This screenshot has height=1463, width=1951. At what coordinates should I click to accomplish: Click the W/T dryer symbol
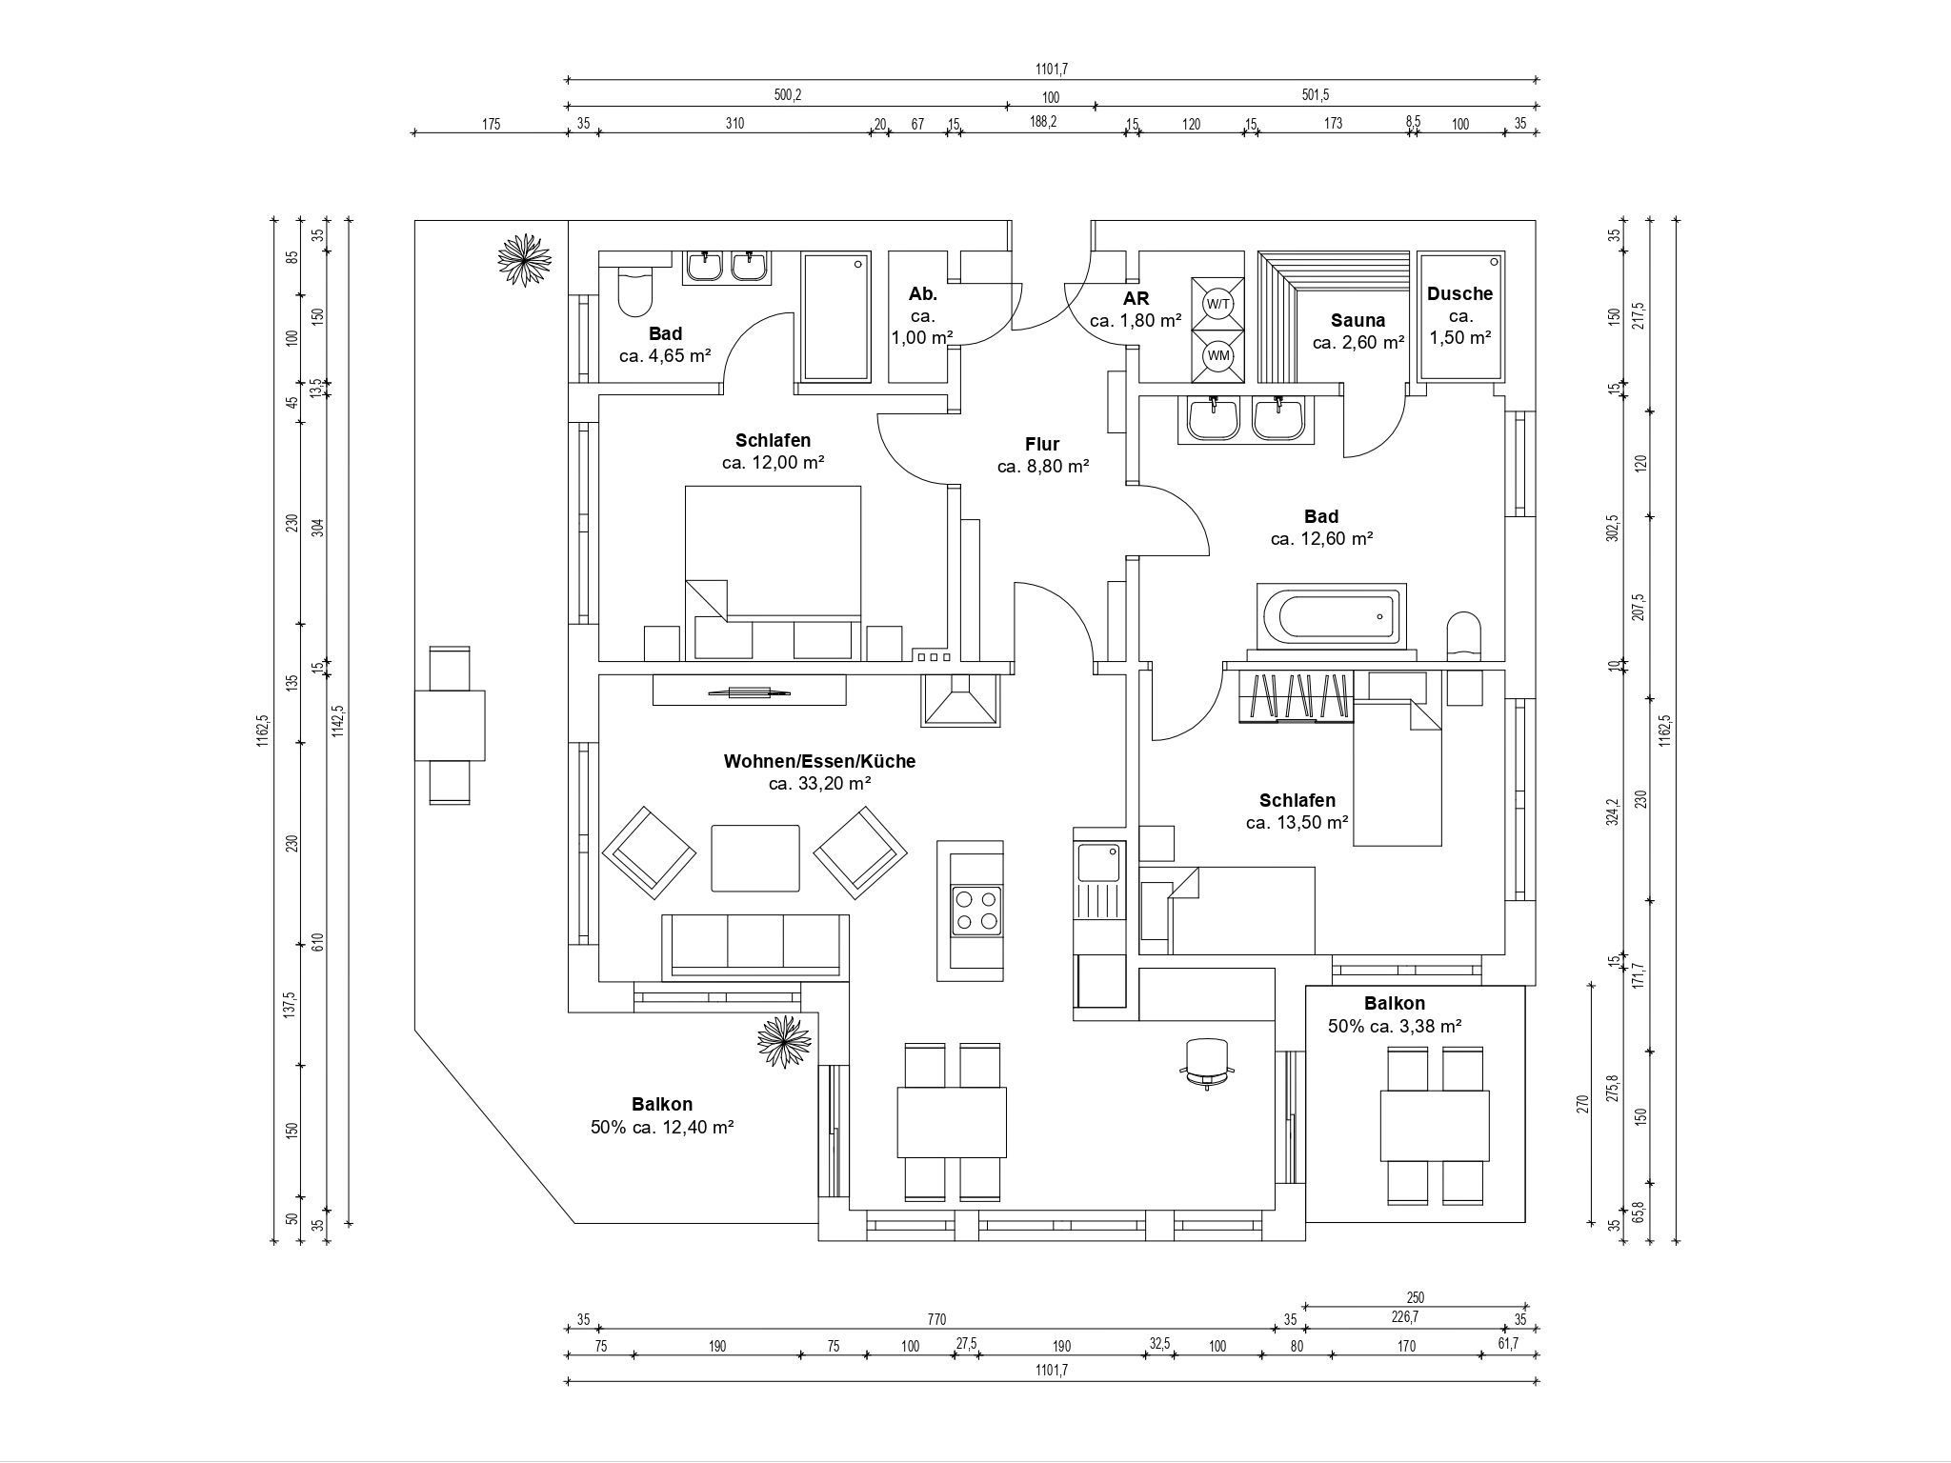tap(1218, 304)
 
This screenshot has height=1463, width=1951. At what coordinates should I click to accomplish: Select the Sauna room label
tap(1358, 320)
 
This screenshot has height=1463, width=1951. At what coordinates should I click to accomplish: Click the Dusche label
tap(1459, 294)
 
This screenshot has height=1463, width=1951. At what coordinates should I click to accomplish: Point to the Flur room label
tap(1042, 444)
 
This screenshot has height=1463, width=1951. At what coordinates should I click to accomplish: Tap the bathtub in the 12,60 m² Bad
tap(1332, 615)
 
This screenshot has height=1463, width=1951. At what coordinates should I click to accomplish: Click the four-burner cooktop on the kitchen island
tap(976, 909)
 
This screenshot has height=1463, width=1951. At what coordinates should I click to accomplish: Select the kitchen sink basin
tap(1100, 863)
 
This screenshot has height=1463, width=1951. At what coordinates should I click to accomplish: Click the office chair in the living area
tap(1207, 1063)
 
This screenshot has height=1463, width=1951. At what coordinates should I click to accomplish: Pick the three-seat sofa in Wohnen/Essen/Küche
tap(754, 947)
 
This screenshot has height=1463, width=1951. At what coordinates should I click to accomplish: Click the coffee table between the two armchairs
tap(755, 857)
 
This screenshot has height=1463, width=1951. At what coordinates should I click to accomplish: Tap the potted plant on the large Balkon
tap(785, 1042)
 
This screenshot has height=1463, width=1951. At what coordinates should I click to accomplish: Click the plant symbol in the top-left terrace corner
tap(524, 259)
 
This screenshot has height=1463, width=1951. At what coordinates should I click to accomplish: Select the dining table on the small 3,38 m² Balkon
tap(1435, 1124)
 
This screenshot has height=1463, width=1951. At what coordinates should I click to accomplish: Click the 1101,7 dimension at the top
tap(1052, 69)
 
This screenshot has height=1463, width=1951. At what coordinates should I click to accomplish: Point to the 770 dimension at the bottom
tap(936, 1319)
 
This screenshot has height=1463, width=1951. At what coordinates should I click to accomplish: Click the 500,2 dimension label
tap(787, 95)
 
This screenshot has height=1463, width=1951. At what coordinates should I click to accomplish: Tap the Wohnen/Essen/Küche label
tap(819, 761)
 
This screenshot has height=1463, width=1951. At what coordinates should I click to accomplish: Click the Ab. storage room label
tap(923, 294)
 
